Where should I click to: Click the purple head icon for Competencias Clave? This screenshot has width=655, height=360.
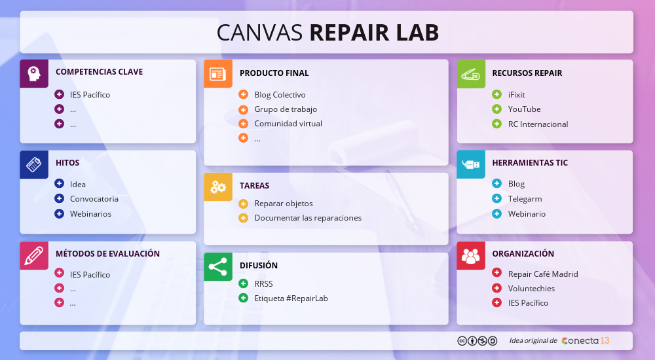point(33,73)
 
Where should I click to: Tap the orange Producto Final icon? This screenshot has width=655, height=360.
point(218,74)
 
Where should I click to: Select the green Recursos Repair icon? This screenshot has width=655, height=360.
point(471,73)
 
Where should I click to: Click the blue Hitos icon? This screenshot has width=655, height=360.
point(33,164)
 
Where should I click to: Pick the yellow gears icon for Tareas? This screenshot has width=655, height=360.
point(218,187)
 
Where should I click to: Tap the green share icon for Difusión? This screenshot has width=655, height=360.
point(218,266)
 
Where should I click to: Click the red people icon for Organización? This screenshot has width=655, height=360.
point(471,255)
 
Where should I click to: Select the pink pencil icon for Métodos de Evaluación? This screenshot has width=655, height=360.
point(33,255)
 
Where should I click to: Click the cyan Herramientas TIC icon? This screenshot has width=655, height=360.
point(471,164)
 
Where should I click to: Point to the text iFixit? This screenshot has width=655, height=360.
point(516,95)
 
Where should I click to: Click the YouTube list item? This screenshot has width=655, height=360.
point(524,109)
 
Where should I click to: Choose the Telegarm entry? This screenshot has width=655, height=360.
point(525,199)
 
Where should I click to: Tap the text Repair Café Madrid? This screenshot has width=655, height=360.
point(543,274)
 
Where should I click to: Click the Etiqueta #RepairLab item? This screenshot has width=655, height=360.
point(291,298)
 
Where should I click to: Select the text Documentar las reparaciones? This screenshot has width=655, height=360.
point(308,218)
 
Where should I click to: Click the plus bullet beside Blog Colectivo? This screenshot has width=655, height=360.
point(243,95)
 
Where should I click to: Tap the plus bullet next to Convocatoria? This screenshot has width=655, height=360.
point(59,199)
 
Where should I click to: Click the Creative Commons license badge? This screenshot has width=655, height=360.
point(477,340)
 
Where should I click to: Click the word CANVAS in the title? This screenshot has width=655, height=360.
point(259,32)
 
